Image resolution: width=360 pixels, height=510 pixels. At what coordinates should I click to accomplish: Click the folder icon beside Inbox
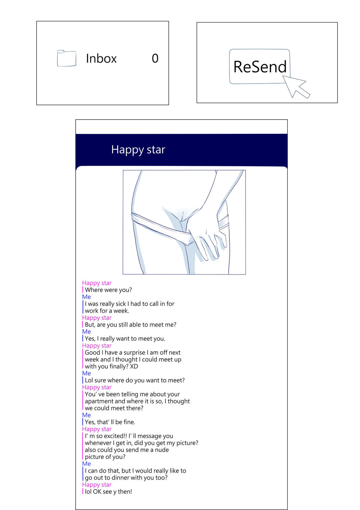[67, 58]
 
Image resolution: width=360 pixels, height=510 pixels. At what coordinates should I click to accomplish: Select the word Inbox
[101, 59]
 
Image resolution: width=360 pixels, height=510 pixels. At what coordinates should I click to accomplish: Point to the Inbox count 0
[155, 59]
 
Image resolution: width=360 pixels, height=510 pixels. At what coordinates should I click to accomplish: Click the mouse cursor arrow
[296, 86]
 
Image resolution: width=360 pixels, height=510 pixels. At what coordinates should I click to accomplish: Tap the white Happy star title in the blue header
[138, 150]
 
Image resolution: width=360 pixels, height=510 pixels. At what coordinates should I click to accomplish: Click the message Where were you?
[108, 290]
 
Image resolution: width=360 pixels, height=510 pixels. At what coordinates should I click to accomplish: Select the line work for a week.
[107, 311]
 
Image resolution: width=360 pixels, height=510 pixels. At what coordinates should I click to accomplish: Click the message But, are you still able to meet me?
[130, 325]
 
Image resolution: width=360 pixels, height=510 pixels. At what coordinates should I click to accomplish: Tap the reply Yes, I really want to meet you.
[125, 339]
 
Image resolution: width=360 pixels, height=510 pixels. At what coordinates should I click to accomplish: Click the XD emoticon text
[134, 366]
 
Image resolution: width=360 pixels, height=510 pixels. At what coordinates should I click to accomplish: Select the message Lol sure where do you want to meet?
[135, 380]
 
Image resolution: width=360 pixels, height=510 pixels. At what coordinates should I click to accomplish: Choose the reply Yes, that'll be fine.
[110, 422]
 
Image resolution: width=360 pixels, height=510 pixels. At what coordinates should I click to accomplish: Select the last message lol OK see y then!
[108, 491]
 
